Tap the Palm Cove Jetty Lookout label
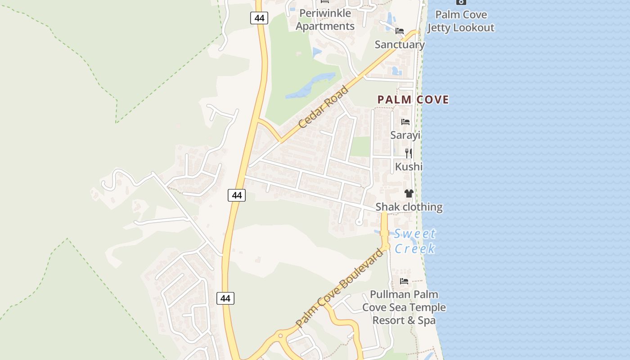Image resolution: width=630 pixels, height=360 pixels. tap(461, 21)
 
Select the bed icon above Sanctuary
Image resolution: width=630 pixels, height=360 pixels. tap(400, 31)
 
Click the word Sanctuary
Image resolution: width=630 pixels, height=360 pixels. tap(400, 45)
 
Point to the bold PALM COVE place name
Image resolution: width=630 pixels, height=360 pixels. tap(413, 99)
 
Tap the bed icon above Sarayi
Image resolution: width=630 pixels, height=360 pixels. tap(405, 122)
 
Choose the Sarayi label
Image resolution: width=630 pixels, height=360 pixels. tap(405, 135)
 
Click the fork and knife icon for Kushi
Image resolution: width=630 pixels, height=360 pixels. tap(409, 153)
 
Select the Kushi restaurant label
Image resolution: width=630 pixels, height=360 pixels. tap(409, 167)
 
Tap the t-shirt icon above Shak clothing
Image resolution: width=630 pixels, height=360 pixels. tap(409, 193)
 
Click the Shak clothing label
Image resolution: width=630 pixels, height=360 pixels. tap(409, 207)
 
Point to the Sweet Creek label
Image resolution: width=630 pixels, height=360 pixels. tap(414, 241)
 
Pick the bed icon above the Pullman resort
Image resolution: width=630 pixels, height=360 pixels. tap(404, 281)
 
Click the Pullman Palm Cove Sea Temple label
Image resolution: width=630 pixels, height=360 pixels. tap(404, 307)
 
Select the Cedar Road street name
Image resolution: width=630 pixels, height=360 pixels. tap(323, 107)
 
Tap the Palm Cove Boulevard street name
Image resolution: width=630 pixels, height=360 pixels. tap(340, 288)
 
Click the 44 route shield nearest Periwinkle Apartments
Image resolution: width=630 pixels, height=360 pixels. tap(259, 18)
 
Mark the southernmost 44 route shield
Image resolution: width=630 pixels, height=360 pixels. tap(225, 298)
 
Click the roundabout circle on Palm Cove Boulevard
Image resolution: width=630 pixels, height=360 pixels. tap(280, 336)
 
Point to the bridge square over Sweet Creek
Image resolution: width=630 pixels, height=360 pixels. tap(384, 233)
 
